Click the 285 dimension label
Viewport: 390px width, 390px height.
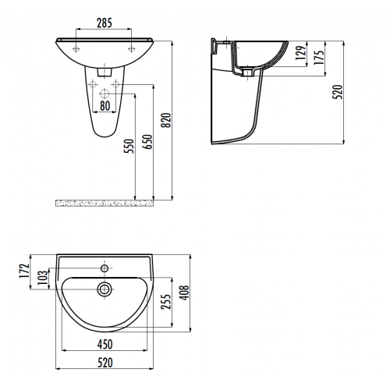pos(105,23)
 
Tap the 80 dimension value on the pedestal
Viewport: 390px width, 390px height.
pos(105,106)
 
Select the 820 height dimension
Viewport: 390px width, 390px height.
pos(166,120)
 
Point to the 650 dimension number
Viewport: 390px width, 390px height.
pos(148,142)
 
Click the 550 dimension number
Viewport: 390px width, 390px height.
pos(129,147)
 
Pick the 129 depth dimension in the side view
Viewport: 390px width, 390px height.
pos(301,53)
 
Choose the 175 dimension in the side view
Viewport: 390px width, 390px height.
pos(319,57)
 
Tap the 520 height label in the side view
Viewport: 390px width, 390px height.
pos(338,92)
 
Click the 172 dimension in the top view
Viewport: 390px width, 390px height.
pos(24,271)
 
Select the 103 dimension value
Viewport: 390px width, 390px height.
pos(43,277)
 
